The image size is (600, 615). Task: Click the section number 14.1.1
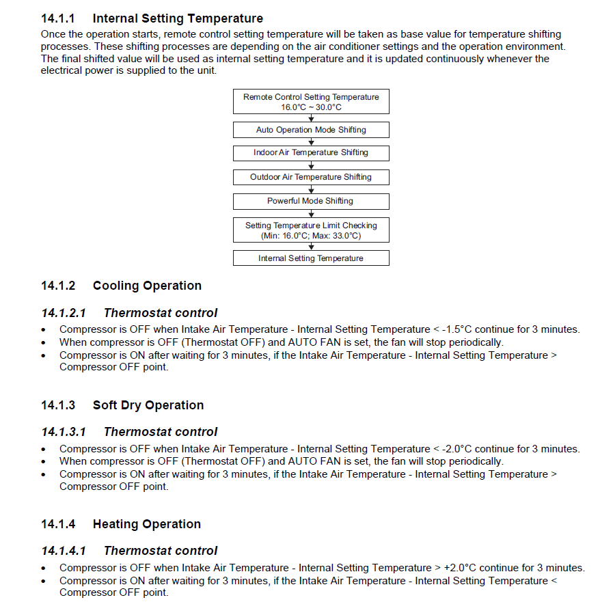point(58,18)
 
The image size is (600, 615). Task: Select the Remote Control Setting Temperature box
point(311,102)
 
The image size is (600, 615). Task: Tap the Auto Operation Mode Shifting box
point(311,130)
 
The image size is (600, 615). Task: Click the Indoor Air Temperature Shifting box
point(311,152)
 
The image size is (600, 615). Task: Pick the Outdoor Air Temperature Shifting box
point(311,177)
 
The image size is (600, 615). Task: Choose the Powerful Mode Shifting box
point(311,201)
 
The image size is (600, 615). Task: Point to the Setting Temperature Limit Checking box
point(311,230)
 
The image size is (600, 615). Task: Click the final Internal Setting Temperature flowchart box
point(311,258)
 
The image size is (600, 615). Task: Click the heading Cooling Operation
point(147,286)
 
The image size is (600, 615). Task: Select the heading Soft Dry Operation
point(148,405)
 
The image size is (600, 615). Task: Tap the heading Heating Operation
point(147,524)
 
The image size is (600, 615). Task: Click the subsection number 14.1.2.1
point(64,313)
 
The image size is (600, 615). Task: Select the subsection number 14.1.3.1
point(64,432)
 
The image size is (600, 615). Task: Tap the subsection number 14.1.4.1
point(64,551)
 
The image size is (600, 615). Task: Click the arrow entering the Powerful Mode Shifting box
point(312,190)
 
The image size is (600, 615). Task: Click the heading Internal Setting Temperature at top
point(178,18)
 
